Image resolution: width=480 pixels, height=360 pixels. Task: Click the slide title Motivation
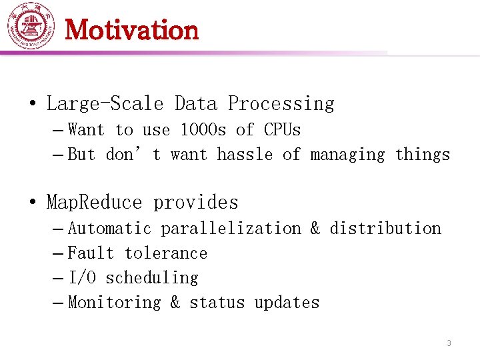click(x=132, y=30)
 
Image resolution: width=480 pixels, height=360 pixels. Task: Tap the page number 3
click(x=449, y=343)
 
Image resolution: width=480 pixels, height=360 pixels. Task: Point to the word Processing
click(x=281, y=104)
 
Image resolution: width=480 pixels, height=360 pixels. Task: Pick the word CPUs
click(x=283, y=130)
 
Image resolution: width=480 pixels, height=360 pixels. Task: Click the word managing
click(x=347, y=155)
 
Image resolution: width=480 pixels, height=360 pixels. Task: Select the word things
click(x=423, y=155)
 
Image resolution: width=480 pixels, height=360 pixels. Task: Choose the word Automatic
click(x=109, y=229)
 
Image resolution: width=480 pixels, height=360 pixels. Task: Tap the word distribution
click(x=385, y=229)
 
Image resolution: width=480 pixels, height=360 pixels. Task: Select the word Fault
click(x=91, y=253)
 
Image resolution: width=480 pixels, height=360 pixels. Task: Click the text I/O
click(x=81, y=278)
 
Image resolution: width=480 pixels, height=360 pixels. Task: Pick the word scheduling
click(x=151, y=278)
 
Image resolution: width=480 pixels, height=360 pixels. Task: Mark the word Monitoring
click(x=114, y=303)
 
